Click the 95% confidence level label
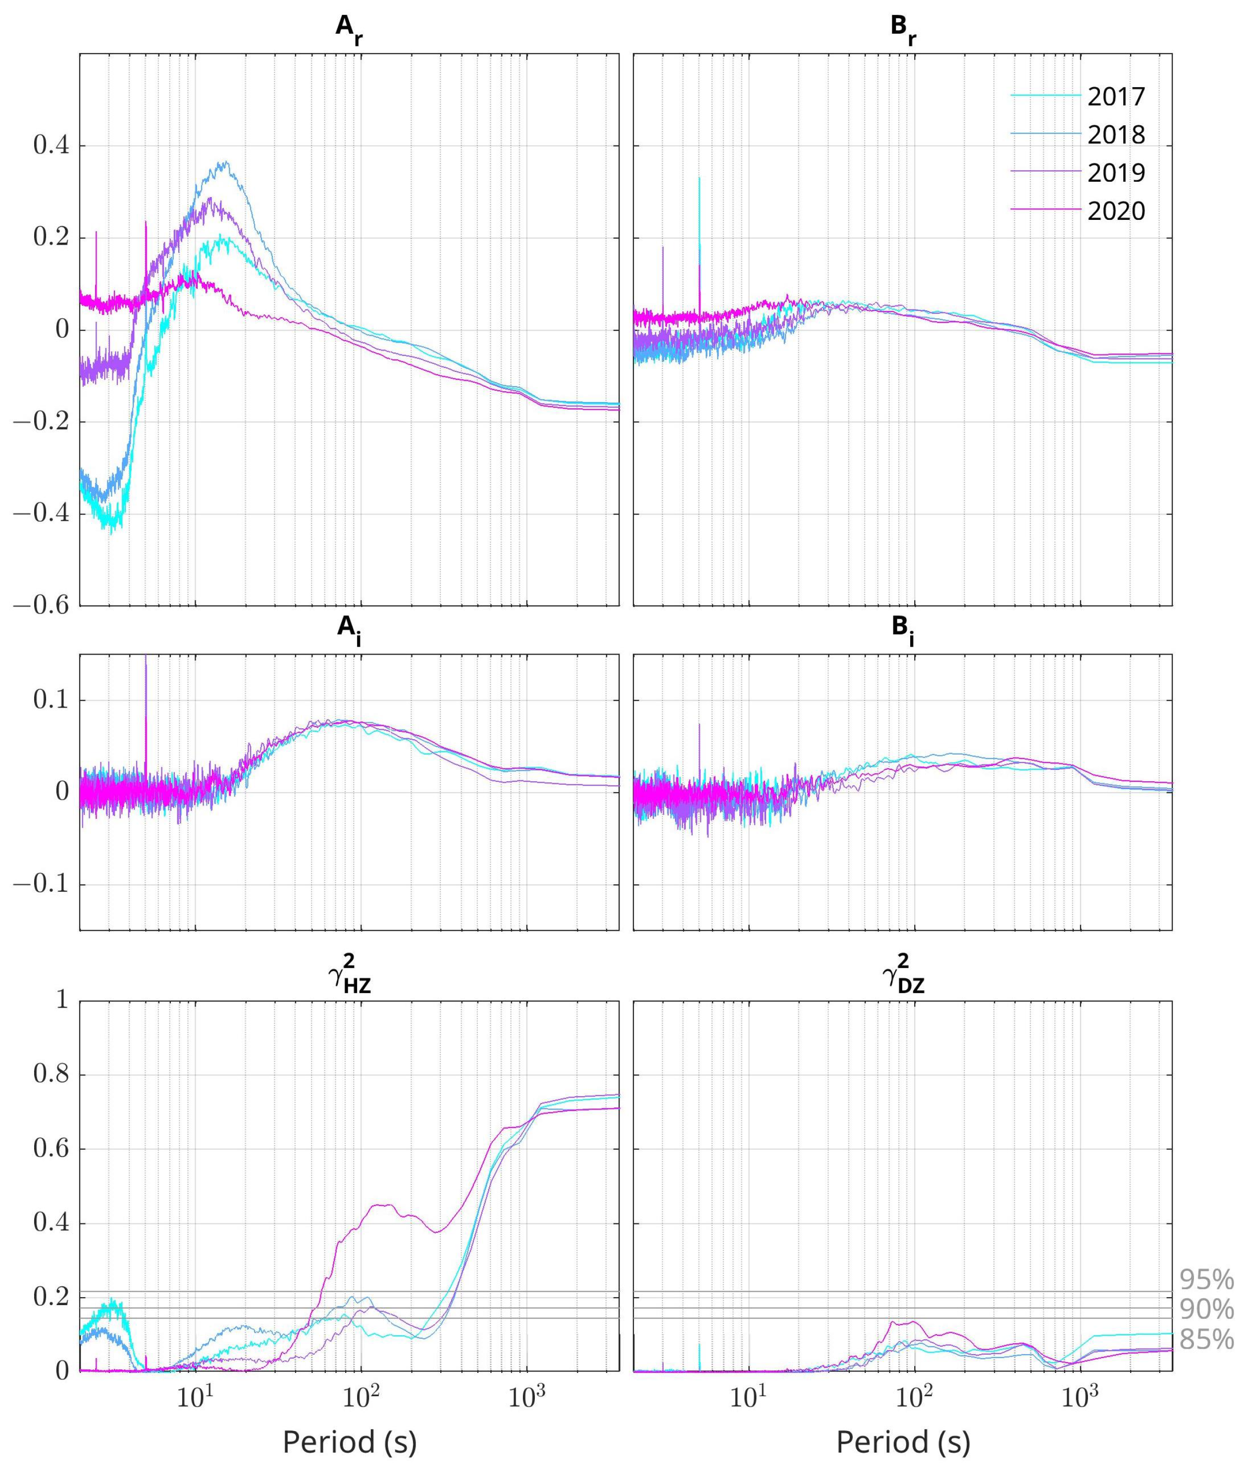(x=1206, y=1280)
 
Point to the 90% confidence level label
(x=1206, y=1310)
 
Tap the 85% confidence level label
(x=1206, y=1339)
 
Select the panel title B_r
(x=903, y=30)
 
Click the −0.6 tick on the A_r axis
(x=41, y=606)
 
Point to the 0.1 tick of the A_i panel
(x=51, y=700)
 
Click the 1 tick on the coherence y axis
(x=62, y=999)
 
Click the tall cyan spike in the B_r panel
(x=699, y=212)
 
